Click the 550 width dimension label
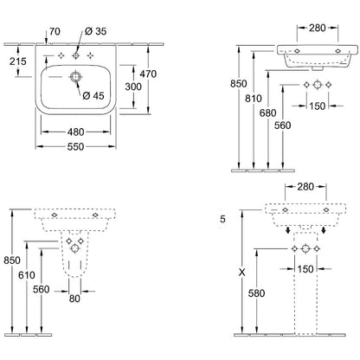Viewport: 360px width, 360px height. pos(75,146)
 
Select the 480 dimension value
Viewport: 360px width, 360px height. pos(75,132)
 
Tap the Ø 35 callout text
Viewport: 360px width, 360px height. pos(96,31)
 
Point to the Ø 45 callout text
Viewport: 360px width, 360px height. pos(93,95)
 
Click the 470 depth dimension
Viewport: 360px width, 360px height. pos(148,74)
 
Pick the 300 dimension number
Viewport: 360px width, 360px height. pos(133,87)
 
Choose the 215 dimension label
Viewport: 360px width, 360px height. pos(18,61)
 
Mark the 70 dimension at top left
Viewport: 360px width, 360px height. pos(55,31)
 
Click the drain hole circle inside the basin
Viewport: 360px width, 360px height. pos(75,77)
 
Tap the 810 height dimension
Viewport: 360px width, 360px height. pos(254,99)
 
